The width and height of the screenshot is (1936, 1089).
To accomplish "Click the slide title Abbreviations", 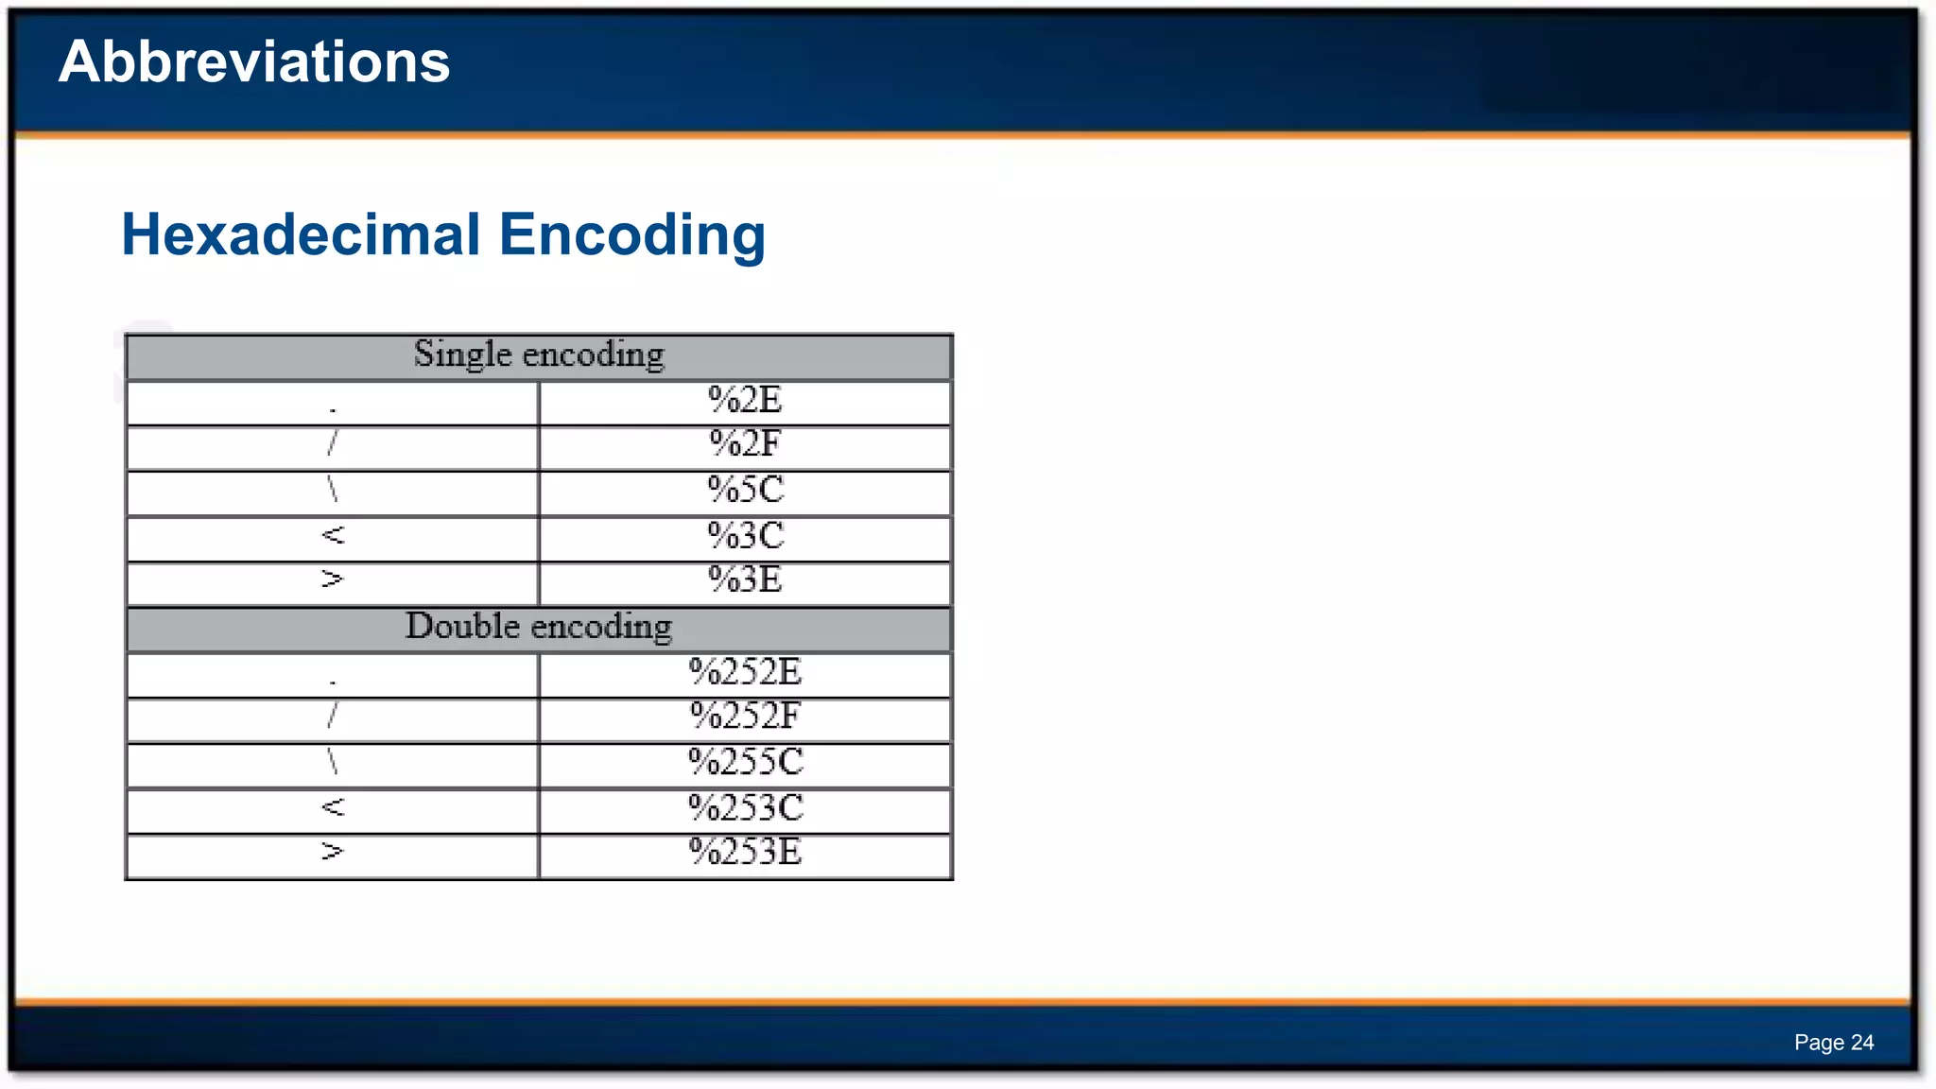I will click(253, 62).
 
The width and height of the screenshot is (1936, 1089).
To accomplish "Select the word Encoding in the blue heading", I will click(631, 234).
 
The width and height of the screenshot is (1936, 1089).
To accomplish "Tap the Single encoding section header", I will click(539, 354).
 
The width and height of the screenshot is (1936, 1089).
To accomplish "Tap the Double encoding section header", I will click(539, 627).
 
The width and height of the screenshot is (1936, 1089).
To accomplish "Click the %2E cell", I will click(745, 401).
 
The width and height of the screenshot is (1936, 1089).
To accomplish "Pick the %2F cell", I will click(745, 444).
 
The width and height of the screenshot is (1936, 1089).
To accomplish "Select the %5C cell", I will click(745, 490).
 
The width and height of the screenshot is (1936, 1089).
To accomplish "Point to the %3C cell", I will click(745, 536).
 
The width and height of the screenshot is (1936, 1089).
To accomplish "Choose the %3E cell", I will click(745, 580).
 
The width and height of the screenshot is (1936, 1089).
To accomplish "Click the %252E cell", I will click(745, 672).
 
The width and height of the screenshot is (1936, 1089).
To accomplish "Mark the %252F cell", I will click(745, 717).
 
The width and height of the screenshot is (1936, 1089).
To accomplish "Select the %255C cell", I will click(745, 762).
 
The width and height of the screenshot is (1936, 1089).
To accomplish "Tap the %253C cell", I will click(745, 808).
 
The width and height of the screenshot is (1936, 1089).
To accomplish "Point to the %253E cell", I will click(745, 853).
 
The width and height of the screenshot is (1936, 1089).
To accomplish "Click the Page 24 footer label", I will click(1833, 1043).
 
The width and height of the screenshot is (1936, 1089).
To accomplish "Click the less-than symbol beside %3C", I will click(333, 536).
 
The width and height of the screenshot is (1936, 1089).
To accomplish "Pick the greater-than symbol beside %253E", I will click(332, 853).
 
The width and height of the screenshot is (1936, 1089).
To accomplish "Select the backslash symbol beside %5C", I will click(333, 490).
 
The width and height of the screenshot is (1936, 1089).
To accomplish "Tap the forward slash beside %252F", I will click(332, 717).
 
